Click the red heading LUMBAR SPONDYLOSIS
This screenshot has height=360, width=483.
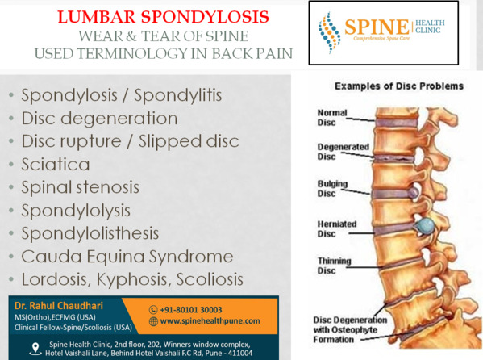[163, 17]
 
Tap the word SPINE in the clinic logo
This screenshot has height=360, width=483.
[377, 27]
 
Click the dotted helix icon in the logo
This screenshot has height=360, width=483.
[329, 33]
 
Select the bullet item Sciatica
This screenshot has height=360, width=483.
[56, 164]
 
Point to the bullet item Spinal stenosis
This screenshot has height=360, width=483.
[80, 187]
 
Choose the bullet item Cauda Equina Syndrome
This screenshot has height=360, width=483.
[127, 257]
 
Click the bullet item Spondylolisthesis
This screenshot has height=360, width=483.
[90, 233]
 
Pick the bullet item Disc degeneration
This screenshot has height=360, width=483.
[99, 119]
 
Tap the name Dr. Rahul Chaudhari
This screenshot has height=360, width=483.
[59, 306]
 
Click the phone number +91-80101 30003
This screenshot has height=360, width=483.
[191, 310]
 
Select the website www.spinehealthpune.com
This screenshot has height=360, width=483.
[210, 321]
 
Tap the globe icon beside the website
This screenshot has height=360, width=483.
[153, 321]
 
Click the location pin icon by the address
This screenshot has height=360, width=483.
[35, 349]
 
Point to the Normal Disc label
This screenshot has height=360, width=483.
[332, 118]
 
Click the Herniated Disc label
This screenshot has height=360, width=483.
[337, 229]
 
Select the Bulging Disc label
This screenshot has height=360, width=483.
[332, 189]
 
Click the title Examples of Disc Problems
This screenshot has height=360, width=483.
[399, 86]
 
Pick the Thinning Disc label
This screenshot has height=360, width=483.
[334, 266]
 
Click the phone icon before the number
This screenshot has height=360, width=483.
[153, 310]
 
